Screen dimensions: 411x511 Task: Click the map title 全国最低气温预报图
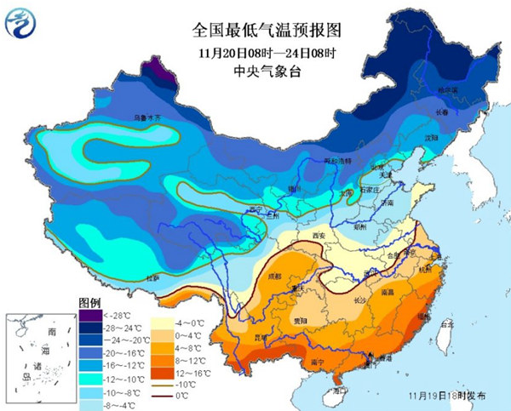pyautogui.click(x=266, y=31)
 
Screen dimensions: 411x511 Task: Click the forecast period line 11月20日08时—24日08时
pyautogui.click(x=266, y=53)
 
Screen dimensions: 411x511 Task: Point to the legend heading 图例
pyautogui.click(x=90, y=303)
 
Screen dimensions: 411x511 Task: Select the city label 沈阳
pyautogui.click(x=432, y=136)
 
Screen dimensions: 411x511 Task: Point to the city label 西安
pyautogui.click(x=321, y=234)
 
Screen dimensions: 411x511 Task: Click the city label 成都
pyautogui.click(x=272, y=276)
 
